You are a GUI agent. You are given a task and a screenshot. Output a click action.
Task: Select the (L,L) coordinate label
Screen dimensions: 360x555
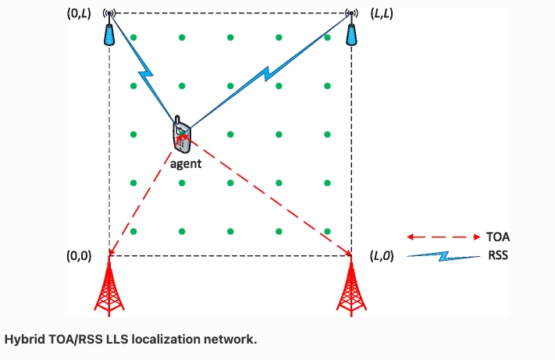click(x=386, y=15)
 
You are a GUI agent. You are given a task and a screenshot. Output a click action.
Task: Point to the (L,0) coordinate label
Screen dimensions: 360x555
click(x=386, y=255)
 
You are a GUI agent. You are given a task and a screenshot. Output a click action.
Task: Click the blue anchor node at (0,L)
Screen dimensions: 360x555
click(x=109, y=31)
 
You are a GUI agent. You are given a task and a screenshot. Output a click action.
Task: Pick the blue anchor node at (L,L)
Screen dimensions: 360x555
click(x=352, y=31)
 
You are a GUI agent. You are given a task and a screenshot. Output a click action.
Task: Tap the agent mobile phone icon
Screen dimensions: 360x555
click(x=181, y=137)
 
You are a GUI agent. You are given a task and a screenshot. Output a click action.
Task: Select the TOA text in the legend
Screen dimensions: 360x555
click(x=497, y=236)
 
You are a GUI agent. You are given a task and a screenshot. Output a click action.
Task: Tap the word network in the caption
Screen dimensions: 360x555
click(x=231, y=340)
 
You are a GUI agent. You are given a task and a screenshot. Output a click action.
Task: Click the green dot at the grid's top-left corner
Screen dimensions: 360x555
click(x=133, y=37)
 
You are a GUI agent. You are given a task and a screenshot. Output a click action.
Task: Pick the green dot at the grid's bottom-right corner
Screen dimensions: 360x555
click(x=327, y=231)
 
